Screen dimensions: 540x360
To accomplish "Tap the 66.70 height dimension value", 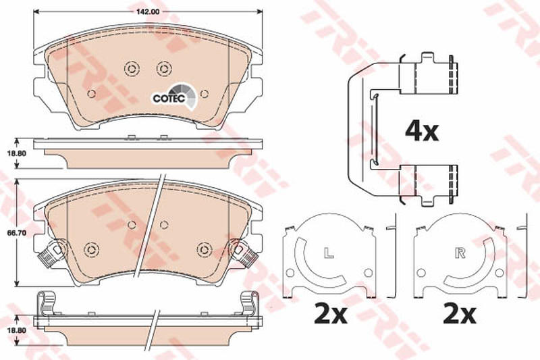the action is pos(16,233).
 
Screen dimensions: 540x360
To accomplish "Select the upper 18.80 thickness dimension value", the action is pos(16,153).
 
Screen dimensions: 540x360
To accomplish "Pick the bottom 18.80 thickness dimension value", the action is pos(16,330).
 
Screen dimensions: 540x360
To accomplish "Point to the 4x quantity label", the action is pos(422,132).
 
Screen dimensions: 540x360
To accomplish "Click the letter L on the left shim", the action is pos(329,253).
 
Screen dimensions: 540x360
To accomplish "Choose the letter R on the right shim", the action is pos(460,253).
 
